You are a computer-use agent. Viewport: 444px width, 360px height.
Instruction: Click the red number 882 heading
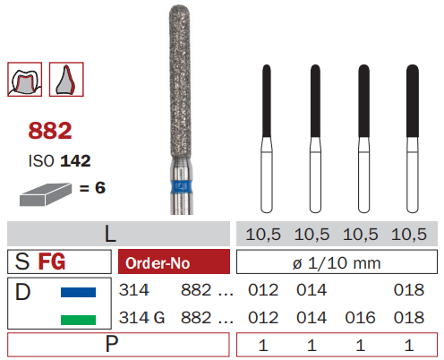click(50, 131)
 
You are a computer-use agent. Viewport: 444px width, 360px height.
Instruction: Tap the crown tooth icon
click(25, 80)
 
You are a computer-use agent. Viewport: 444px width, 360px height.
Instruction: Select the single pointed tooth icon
click(66, 80)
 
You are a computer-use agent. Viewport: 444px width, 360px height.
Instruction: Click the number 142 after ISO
click(75, 161)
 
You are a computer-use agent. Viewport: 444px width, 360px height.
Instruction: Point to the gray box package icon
click(46, 194)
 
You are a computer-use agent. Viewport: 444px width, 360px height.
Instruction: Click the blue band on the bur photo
click(181, 187)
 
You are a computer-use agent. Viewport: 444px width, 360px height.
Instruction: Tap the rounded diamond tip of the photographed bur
click(179, 11)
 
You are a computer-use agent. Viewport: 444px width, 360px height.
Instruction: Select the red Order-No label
click(175, 261)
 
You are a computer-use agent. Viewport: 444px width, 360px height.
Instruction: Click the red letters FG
click(52, 261)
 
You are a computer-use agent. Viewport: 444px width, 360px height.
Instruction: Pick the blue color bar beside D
click(78, 292)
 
